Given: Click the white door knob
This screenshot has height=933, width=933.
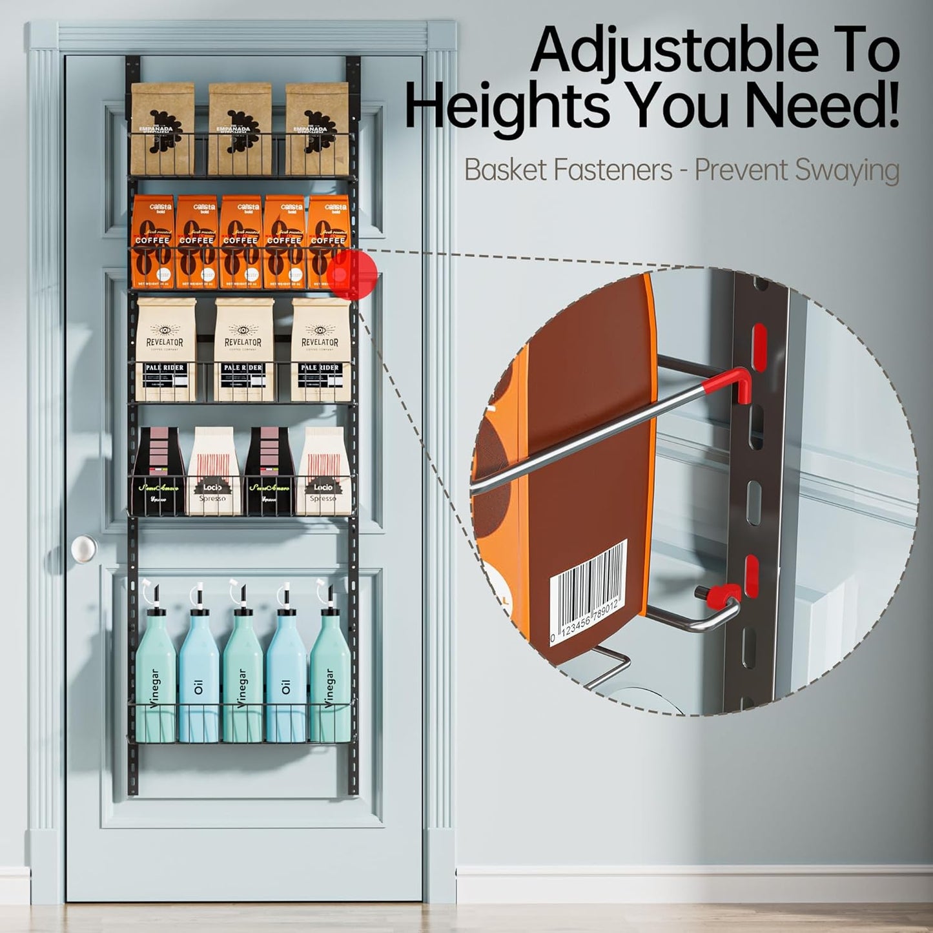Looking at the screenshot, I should (x=84, y=549).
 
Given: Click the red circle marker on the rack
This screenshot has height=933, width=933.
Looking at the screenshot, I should (x=351, y=274).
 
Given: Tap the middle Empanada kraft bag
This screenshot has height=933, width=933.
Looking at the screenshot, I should (x=240, y=129).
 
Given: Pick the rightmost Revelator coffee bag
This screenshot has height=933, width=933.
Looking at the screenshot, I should (x=320, y=349).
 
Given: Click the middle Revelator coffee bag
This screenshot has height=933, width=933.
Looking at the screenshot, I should (x=240, y=349).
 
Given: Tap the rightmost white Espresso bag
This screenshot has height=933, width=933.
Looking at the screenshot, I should (x=323, y=471).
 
